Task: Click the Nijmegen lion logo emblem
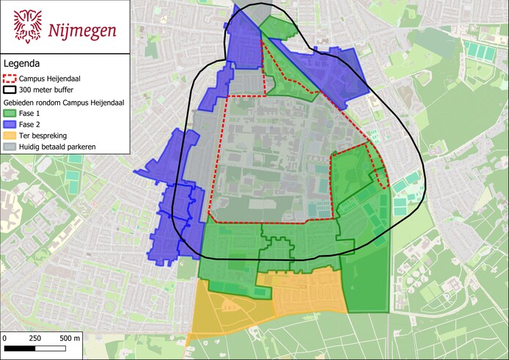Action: [28, 26]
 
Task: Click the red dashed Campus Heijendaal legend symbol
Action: [10, 78]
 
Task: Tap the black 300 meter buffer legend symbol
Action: [10, 90]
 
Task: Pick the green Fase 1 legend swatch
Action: [10, 114]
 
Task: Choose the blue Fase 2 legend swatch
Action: [10, 125]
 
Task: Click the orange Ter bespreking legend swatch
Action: [10, 136]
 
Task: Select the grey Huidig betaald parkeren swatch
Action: [10, 147]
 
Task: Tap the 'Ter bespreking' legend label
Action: [44, 136]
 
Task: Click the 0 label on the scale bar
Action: [4, 338]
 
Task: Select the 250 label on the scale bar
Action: [34, 338]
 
